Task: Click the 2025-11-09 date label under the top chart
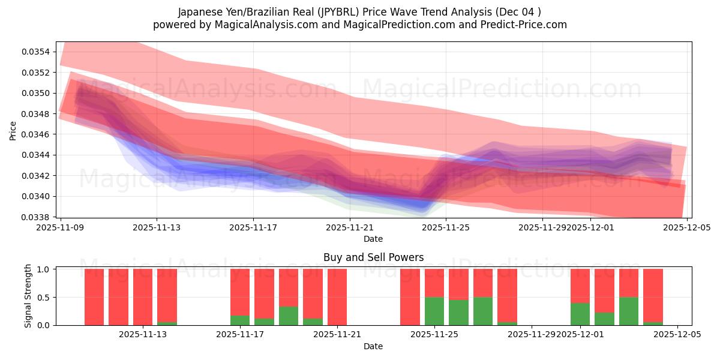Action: coord(60,228)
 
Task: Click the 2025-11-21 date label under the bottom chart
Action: coord(337,335)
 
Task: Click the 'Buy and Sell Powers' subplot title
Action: coord(373,257)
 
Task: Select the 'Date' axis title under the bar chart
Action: coord(373,346)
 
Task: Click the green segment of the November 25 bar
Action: coord(434,311)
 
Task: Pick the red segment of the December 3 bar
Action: coord(629,283)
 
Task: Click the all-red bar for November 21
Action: coord(337,297)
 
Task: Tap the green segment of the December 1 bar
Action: coord(580,314)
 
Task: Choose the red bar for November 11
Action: coord(118,297)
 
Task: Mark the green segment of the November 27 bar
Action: coord(483,311)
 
